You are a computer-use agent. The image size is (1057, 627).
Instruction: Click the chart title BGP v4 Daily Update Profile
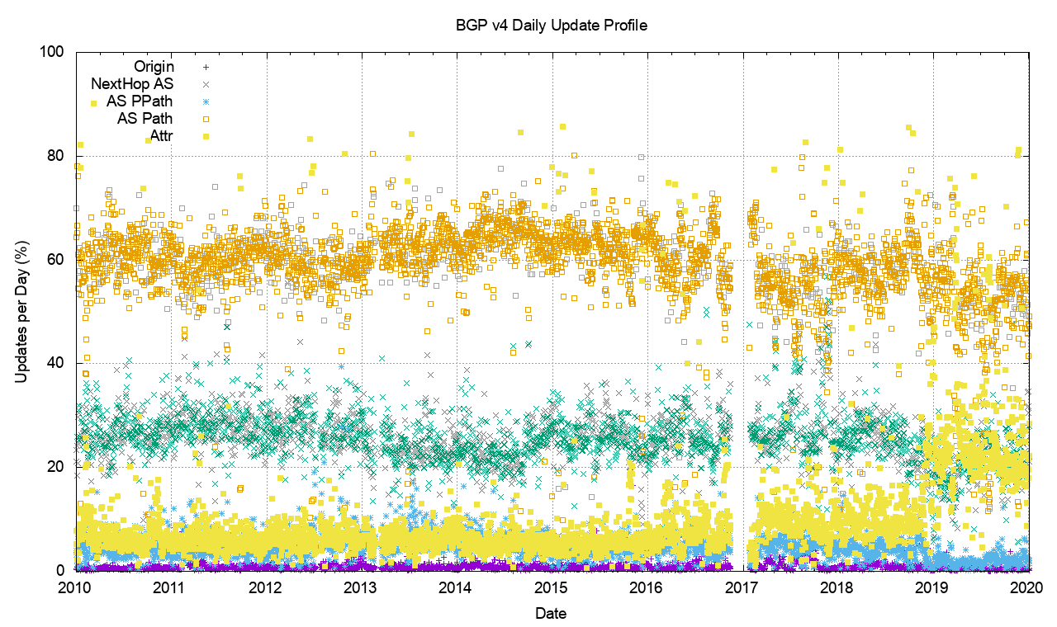[552, 26]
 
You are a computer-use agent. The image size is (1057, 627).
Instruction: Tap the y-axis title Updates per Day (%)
[21, 311]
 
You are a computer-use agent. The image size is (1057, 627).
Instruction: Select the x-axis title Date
[551, 613]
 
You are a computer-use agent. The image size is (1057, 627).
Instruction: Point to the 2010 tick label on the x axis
[74, 588]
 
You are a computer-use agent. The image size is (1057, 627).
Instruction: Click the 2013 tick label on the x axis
[360, 588]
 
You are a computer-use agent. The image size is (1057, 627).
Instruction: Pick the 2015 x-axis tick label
[551, 588]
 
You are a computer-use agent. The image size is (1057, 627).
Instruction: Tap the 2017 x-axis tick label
[742, 588]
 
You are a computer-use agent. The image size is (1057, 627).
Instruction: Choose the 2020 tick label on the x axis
[1027, 588]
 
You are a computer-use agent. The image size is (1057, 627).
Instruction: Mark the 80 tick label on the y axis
[57, 156]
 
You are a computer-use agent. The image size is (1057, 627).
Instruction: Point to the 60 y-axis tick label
[57, 260]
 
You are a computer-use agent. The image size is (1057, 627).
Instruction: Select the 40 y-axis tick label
[57, 363]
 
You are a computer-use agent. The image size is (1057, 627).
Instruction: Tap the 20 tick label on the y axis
[57, 467]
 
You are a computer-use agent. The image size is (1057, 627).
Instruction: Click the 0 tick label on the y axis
[61, 571]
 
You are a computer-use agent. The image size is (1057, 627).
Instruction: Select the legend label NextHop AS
[132, 83]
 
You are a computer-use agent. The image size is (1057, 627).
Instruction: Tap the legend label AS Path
[145, 119]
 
